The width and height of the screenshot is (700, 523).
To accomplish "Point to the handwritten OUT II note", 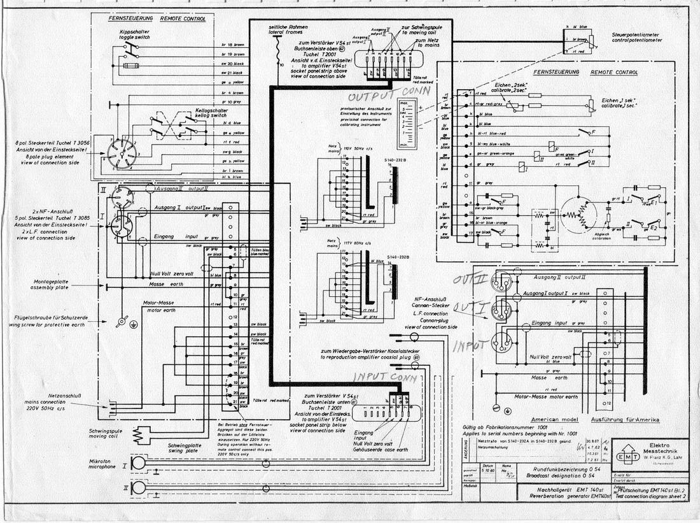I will coord(470,280).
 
